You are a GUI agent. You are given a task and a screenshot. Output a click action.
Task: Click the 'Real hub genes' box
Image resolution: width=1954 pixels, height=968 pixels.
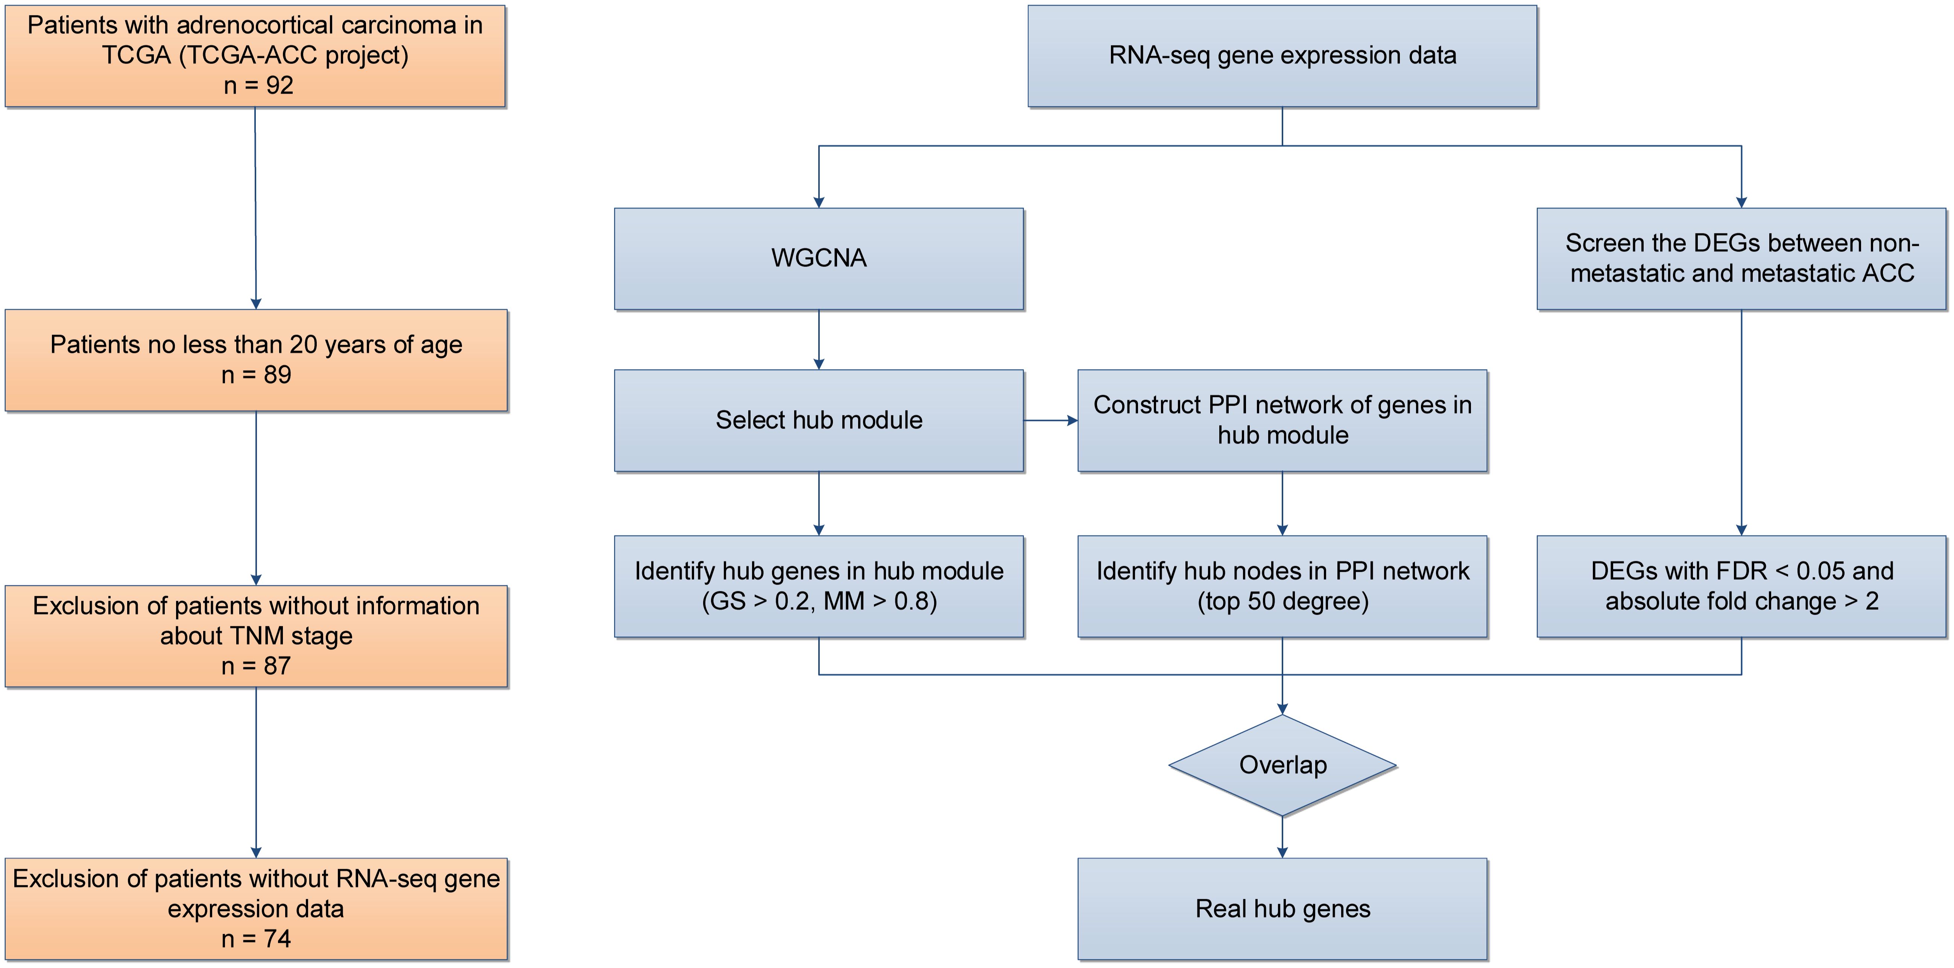coord(1282,908)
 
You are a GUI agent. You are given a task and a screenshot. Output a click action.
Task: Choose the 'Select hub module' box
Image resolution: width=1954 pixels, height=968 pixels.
coord(819,420)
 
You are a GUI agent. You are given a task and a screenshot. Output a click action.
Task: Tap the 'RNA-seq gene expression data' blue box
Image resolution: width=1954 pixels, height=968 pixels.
coord(1282,55)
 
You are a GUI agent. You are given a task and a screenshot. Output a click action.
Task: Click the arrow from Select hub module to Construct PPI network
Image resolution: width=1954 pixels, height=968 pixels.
coord(1051,420)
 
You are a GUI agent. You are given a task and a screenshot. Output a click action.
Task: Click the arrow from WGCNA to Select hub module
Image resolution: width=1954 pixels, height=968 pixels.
coord(819,339)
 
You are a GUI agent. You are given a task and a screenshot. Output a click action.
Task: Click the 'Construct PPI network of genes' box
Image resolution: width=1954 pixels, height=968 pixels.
coord(1282,420)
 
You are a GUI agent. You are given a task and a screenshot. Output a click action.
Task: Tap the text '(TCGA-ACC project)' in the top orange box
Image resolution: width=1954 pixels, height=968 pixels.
coord(293,55)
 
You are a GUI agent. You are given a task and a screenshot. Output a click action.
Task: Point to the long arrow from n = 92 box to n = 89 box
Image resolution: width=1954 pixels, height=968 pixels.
coord(255,209)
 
